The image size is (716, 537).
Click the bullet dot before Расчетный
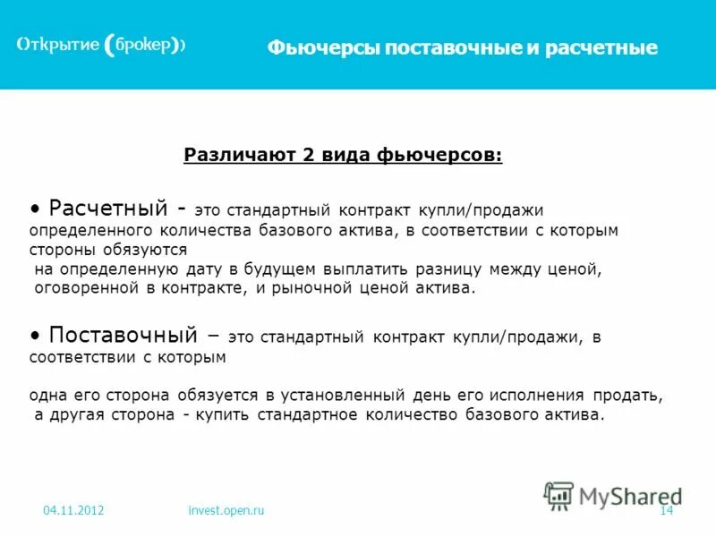pos(35,209)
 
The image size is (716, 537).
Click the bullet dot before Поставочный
pos(35,336)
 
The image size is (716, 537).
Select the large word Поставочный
pos(123,336)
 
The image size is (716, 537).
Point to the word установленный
pos(346,395)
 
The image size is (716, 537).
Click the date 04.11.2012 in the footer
pos(73,510)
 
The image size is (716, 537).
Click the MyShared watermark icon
pos(559,496)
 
